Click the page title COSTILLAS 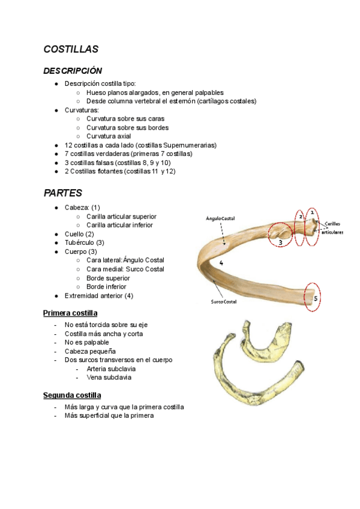tap(71, 49)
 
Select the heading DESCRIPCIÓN tap(73, 71)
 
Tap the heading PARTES tap(63, 193)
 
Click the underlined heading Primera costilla tap(70, 313)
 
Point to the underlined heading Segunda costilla tap(72, 396)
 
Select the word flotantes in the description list tap(107, 171)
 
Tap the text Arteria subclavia tap(111, 369)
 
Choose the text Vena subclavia tap(109, 378)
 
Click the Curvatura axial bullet tap(109, 136)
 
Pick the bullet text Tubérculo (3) tap(85, 242)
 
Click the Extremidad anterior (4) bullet tap(99, 295)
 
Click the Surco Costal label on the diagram tap(223, 301)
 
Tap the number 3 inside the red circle tap(280, 242)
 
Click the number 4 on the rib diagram tap(221, 263)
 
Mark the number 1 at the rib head tap(312, 212)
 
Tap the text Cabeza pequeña tap(90, 351)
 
